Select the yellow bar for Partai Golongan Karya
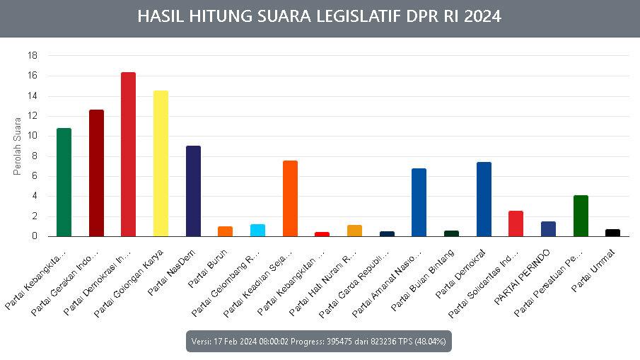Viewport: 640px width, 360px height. (x=161, y=163)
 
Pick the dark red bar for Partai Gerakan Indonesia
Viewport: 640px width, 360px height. (x=96, y=173)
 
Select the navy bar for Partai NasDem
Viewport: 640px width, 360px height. (x=193, y=191)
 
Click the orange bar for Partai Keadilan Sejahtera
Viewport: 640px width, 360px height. (x=290, y=199)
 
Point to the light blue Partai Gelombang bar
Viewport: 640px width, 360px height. (x=257, y=231)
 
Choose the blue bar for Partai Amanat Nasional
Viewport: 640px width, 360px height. (x=419, y=202)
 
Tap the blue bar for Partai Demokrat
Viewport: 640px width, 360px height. (x=484, y=199)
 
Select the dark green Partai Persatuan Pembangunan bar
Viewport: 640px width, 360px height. (x=581, y=216)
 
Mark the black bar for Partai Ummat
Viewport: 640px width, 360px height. (x=612, y=233)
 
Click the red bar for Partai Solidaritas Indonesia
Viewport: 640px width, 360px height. (x=516, y=223)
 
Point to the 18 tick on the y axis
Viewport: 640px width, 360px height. (x=33, y=55)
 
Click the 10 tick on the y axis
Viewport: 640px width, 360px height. (x=33, y=136)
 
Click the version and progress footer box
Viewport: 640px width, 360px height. (x=319, y=341)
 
